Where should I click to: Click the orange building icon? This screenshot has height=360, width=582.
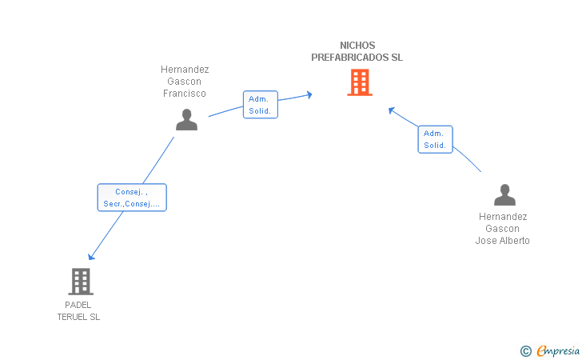360,82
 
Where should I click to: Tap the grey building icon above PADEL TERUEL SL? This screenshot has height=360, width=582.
81,282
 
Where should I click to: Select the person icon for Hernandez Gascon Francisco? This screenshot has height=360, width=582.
186,120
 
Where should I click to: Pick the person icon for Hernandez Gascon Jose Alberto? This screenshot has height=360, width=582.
504,194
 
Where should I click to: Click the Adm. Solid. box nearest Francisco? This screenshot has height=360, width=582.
260,105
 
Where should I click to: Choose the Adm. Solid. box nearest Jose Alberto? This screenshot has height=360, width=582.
435,139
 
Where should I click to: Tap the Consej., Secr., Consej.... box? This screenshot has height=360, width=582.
132,198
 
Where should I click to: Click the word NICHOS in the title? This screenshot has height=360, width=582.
357,46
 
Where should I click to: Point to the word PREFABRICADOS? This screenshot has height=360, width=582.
349,58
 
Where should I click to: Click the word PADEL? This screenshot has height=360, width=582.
78,306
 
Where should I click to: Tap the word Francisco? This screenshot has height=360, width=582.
185,94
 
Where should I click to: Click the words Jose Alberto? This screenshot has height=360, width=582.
502,241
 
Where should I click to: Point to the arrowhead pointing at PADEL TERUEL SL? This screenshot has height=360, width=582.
91,257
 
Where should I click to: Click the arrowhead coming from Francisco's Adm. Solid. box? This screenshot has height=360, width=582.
309,94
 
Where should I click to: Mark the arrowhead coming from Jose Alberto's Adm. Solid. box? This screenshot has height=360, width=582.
391,110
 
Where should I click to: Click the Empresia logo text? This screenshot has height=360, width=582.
558,350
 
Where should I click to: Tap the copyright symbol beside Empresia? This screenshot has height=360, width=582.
526,351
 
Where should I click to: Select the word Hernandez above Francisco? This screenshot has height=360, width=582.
185,70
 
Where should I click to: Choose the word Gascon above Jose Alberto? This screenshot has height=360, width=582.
502,229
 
